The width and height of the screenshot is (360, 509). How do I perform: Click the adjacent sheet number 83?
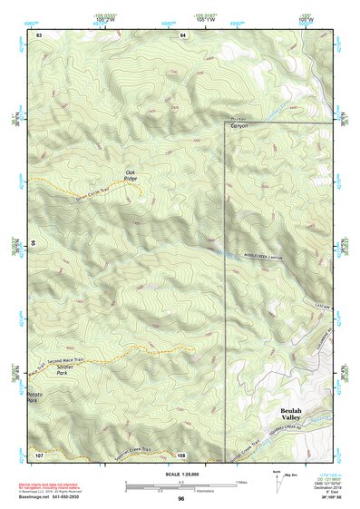(39, 34)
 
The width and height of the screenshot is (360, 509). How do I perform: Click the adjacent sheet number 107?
(39, 455)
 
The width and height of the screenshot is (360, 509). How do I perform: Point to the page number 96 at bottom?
(181, 499)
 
